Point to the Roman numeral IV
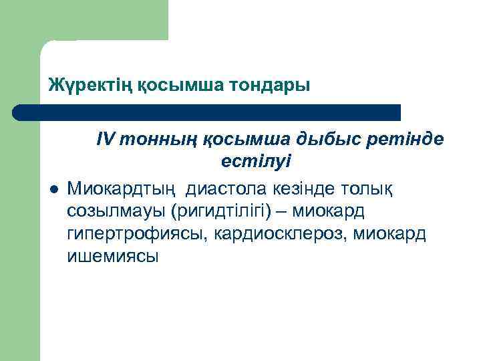107,138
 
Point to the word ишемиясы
113,257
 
